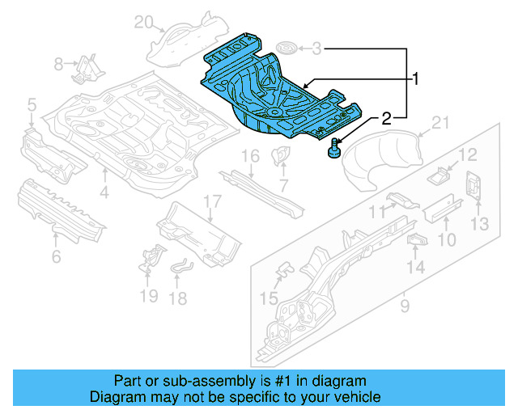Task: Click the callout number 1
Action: click(416, 79)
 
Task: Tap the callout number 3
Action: click(316, 49)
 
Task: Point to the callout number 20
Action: click(143, 21)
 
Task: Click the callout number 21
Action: click(439, 122)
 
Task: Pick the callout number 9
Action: click(405, 306)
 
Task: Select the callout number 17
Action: click(211, 201)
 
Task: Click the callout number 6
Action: click(56, 257)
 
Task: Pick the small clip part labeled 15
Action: click(284, 269)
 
